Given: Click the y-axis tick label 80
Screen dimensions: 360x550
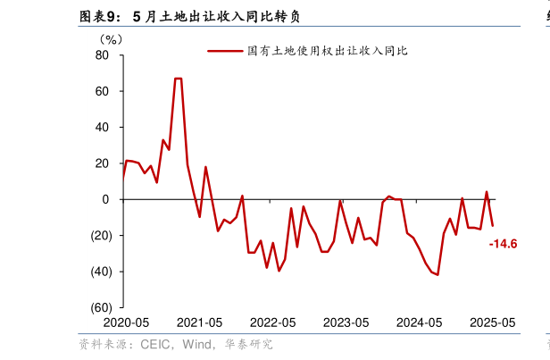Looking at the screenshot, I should click(x=102, y=55).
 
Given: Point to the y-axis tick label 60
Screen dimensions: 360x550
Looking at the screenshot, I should click(x=102, y=91).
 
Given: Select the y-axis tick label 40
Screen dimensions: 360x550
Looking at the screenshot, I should click(x=102, y=127).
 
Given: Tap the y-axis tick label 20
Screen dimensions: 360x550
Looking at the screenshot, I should click(x=102, y=163).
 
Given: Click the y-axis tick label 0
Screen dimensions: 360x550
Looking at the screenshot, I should click(x=105, y=199).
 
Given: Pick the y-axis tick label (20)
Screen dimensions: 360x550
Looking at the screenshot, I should click(x=98, y=235).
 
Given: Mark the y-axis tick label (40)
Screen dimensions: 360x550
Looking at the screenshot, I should click(x=98, y=272).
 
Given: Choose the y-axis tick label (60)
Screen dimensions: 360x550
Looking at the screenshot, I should click(x=98, y=307).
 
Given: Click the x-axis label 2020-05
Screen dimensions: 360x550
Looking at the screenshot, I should click(x=126, y=322).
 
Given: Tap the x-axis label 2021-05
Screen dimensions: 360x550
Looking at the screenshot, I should click(x=199, y=322).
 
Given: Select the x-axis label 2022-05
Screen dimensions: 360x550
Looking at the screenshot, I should click(x=272, y=322).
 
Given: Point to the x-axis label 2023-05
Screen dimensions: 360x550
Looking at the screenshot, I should click(x=346, y=322).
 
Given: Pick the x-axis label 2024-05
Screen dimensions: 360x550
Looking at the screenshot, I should click(x=419, y=322).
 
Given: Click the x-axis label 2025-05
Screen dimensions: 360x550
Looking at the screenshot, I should click(x=492, y=322).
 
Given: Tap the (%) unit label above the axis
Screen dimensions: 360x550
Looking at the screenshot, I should click(x=112, y=38).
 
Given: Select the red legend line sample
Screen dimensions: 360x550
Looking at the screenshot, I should click(x=225, y=51).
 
